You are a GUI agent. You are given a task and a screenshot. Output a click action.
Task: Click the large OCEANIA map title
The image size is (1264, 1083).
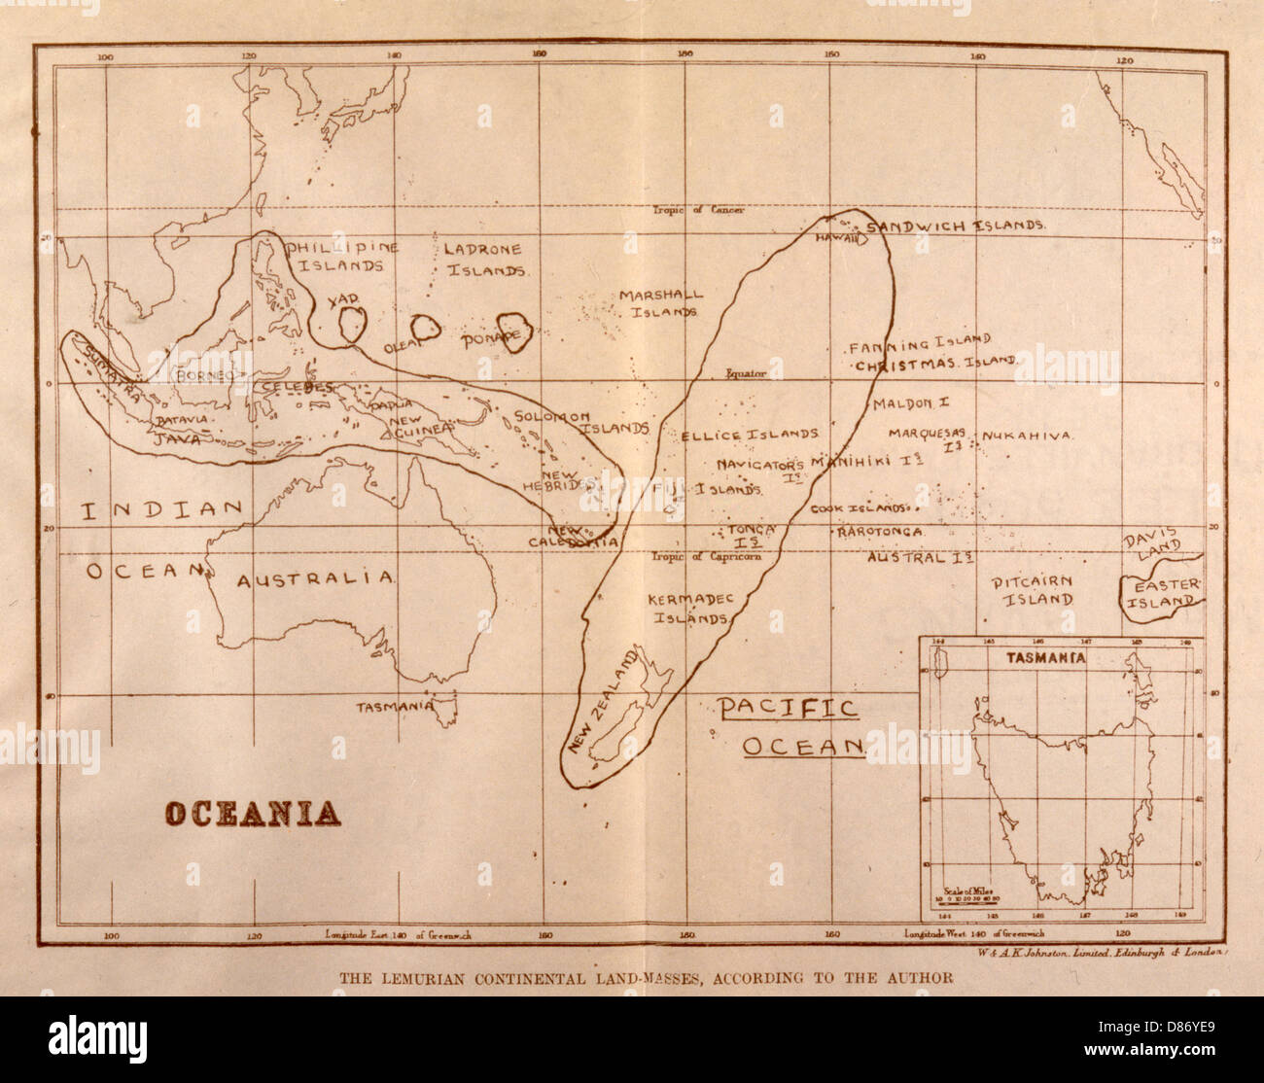pos(251,813)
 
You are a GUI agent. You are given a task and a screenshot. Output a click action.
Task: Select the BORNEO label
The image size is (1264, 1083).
pos(202,374)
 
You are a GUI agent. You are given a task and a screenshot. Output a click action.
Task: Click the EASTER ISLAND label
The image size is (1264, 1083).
pos(1162,592)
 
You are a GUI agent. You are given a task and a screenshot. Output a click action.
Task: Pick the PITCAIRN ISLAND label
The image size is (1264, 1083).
pos(1031,590)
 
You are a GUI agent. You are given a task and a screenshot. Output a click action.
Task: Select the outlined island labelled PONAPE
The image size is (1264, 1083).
pos(512,332)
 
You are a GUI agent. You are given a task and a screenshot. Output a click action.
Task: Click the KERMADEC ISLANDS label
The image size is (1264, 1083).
pos(690,608)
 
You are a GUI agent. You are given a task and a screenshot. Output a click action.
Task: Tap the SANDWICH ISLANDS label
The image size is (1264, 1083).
pos(955,226)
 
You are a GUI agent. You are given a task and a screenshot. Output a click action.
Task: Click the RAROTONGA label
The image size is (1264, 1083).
pos(880,533)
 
